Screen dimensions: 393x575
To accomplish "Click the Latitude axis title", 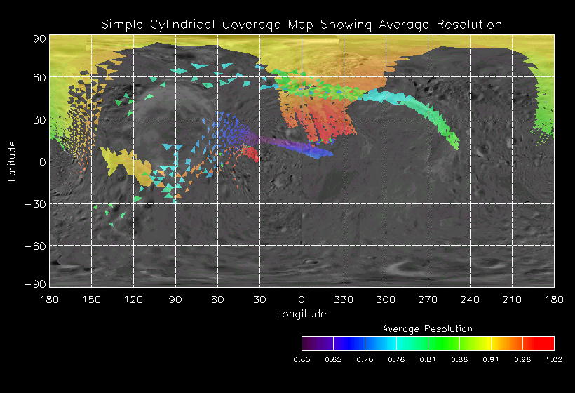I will [x=12, y=161].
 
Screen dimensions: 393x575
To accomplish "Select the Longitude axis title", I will [x=302, y=314].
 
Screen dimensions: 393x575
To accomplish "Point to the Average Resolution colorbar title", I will [x=428, y=328].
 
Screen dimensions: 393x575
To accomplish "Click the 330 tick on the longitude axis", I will [x=344, y=300].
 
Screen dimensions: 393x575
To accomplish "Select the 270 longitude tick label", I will [x=428, y=300].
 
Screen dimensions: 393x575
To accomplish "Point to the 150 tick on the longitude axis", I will [x=91, y=300].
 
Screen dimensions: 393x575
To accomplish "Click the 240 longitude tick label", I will [x=470, y=300].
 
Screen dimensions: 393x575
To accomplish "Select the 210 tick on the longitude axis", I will [x=512, y=300].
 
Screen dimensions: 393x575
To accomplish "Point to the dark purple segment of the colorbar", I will [x=317, y=343].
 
